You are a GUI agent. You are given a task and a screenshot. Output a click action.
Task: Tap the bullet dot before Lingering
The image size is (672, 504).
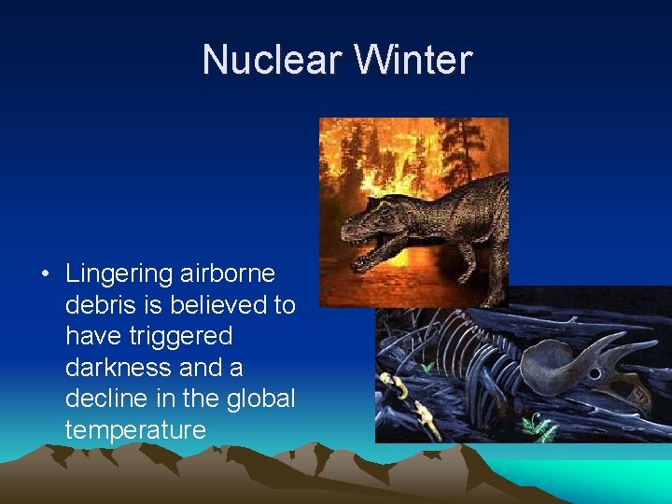pyautogui.click(x=45, y=274)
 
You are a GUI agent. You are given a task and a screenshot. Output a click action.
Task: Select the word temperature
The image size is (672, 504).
pyautogui.click(x=134, y=430)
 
